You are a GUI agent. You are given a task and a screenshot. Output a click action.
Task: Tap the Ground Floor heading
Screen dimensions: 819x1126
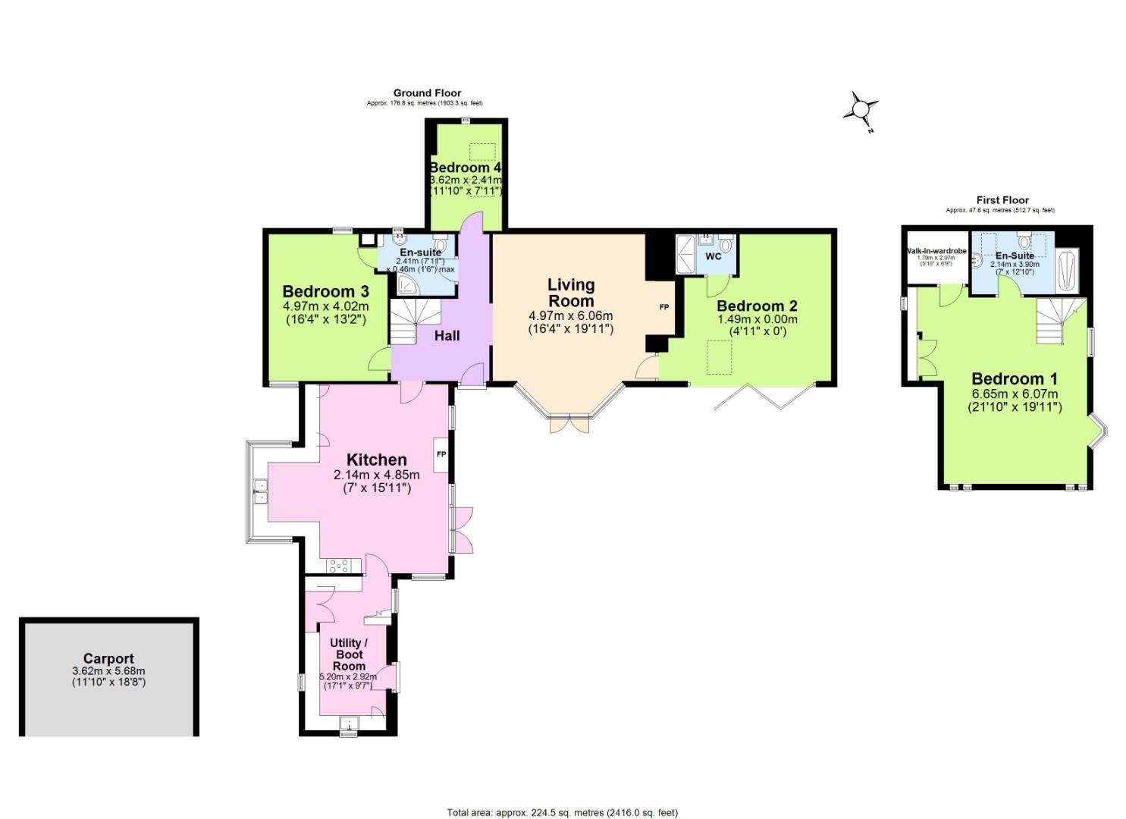tap(427, 93)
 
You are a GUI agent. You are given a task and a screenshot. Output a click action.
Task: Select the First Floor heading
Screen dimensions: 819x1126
tap(1002, 200)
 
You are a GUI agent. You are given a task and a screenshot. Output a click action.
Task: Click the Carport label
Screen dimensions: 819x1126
tap(108, 659)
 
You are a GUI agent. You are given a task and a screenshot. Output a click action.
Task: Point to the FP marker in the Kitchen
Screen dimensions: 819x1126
tap(441, 454)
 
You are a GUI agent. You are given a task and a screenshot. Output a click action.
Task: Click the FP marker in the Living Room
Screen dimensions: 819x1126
tap(664, 307)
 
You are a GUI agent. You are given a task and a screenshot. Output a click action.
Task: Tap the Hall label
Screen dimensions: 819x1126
tap(447, 335)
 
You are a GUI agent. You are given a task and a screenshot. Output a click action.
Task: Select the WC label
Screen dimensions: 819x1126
tap(714, 256)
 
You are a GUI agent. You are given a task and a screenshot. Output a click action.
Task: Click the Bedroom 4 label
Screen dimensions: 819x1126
tap(465, 168)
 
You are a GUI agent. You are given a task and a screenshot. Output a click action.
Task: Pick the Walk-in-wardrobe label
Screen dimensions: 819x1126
tap(936, 250)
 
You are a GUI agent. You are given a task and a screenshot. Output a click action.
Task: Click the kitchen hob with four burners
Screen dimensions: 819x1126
tap(338, 565)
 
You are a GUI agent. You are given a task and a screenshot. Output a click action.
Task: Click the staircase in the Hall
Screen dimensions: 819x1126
tap(409, 322)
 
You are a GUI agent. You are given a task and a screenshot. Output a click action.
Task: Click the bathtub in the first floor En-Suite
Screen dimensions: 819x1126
tap(1066, 271)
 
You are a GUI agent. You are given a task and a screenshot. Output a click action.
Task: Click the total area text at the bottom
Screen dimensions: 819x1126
tap(562, 813)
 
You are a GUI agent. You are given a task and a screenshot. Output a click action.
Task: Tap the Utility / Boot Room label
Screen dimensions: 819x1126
tap(348, 654)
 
